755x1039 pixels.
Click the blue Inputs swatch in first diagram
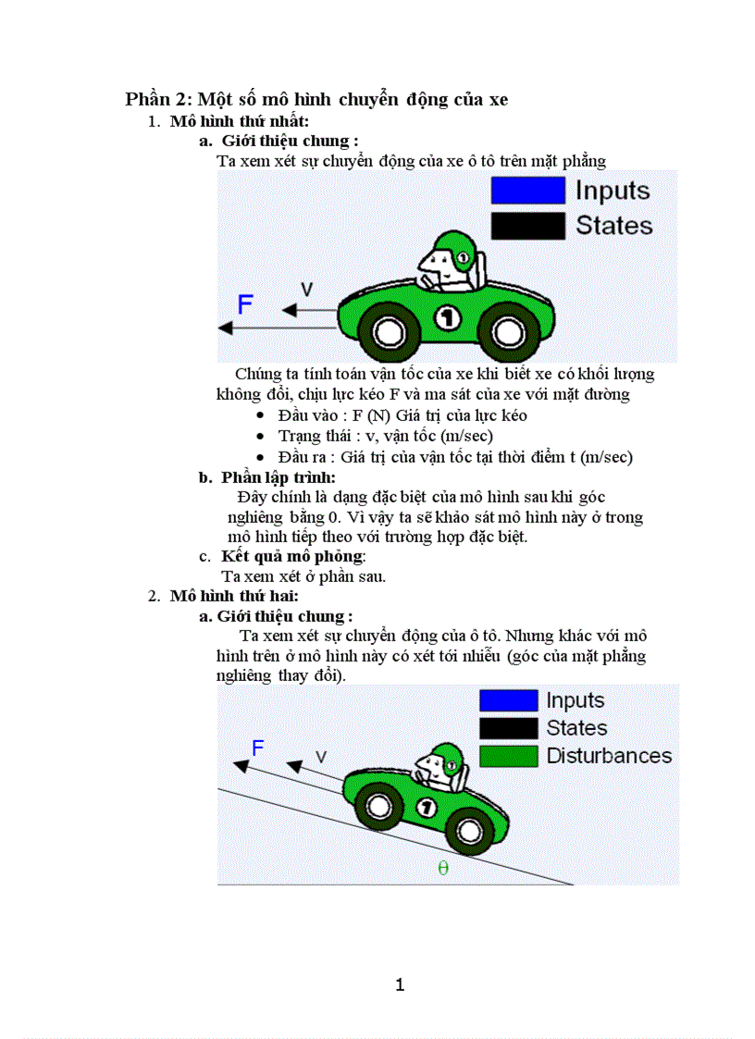tap(527, 191)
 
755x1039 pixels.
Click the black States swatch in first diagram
tap(527, 226)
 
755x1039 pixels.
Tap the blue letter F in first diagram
tap(245, 304)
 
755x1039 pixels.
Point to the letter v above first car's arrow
tap(306, 290)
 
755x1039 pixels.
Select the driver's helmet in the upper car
tap(453, 248)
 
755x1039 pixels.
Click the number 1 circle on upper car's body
tap(447, 318)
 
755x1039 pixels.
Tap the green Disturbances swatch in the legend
tap(508, 756)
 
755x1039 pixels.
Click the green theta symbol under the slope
tap(443, 868)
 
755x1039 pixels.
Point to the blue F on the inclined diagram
tap(259, 748)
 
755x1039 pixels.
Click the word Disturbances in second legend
tap(609, 756)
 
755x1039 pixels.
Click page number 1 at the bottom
tap(400, 984)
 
